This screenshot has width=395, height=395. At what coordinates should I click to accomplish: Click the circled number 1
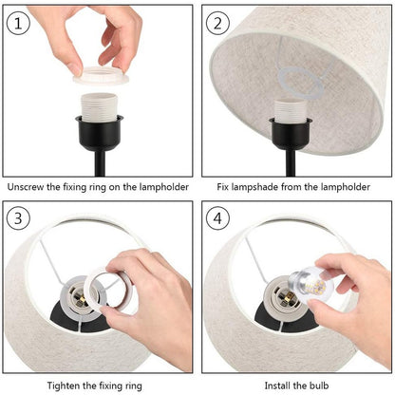pyautogui.click(x=19, y=22)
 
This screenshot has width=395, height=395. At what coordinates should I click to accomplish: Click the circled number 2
pyautogui.click(x=219, y=22)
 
